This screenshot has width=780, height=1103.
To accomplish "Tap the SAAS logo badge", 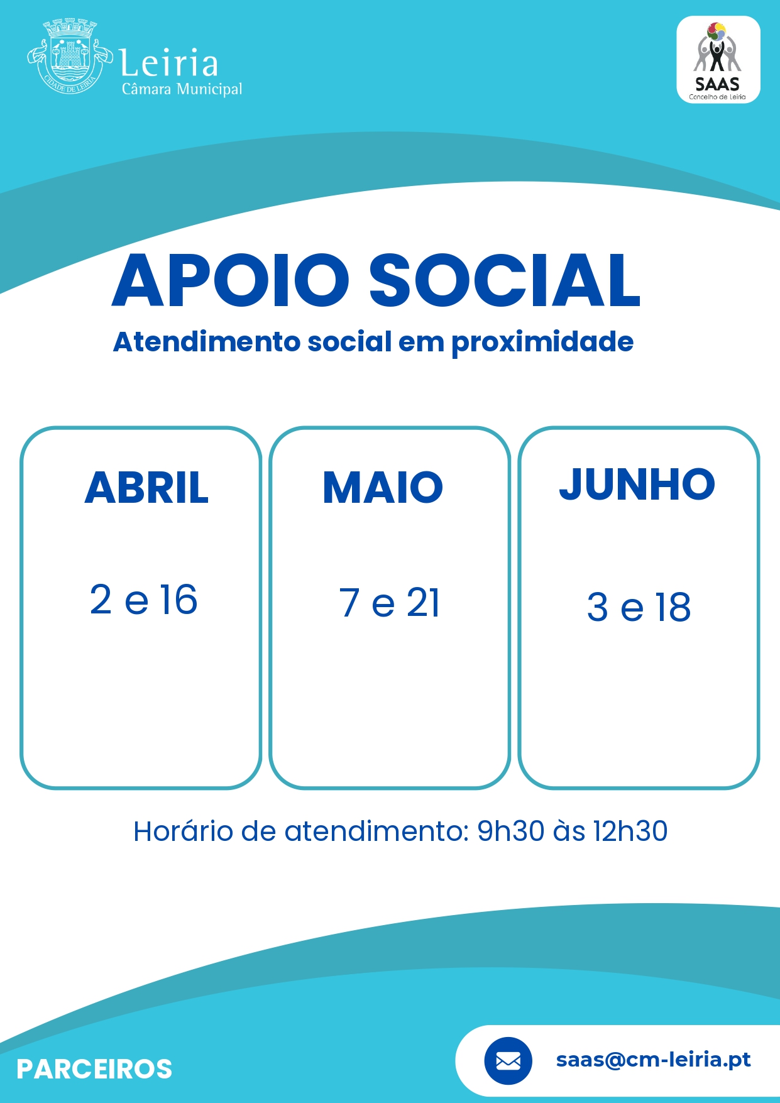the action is click(x=718, y=60).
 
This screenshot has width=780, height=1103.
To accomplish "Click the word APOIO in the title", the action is click(x=231, y=280).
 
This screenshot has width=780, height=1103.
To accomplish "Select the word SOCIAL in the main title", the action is click(x=504, y=280).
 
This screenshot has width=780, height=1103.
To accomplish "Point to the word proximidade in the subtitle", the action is click(x=542, y=343).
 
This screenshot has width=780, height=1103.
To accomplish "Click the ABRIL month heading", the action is click(x=146, y=488).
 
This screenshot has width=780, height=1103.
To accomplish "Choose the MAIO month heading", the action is click(x=383, y=488).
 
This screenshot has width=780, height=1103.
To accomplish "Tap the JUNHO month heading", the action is click(x=637, y=485).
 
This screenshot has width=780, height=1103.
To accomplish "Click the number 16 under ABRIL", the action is click(x=179, y=600).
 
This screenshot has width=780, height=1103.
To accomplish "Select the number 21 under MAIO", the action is click(x=424, y=603).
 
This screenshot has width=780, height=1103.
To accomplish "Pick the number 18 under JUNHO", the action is click(x=673, y=607).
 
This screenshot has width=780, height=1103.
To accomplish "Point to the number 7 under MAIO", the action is click(x=349, y=603).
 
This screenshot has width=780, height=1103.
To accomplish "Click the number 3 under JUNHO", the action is click(x=598, y=607).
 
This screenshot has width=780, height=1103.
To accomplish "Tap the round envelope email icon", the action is click(x=508, y=1061).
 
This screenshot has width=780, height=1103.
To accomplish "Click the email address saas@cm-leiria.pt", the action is click(x=654, y=1060).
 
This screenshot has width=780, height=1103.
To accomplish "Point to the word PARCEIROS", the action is click(x=94, y=1069).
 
